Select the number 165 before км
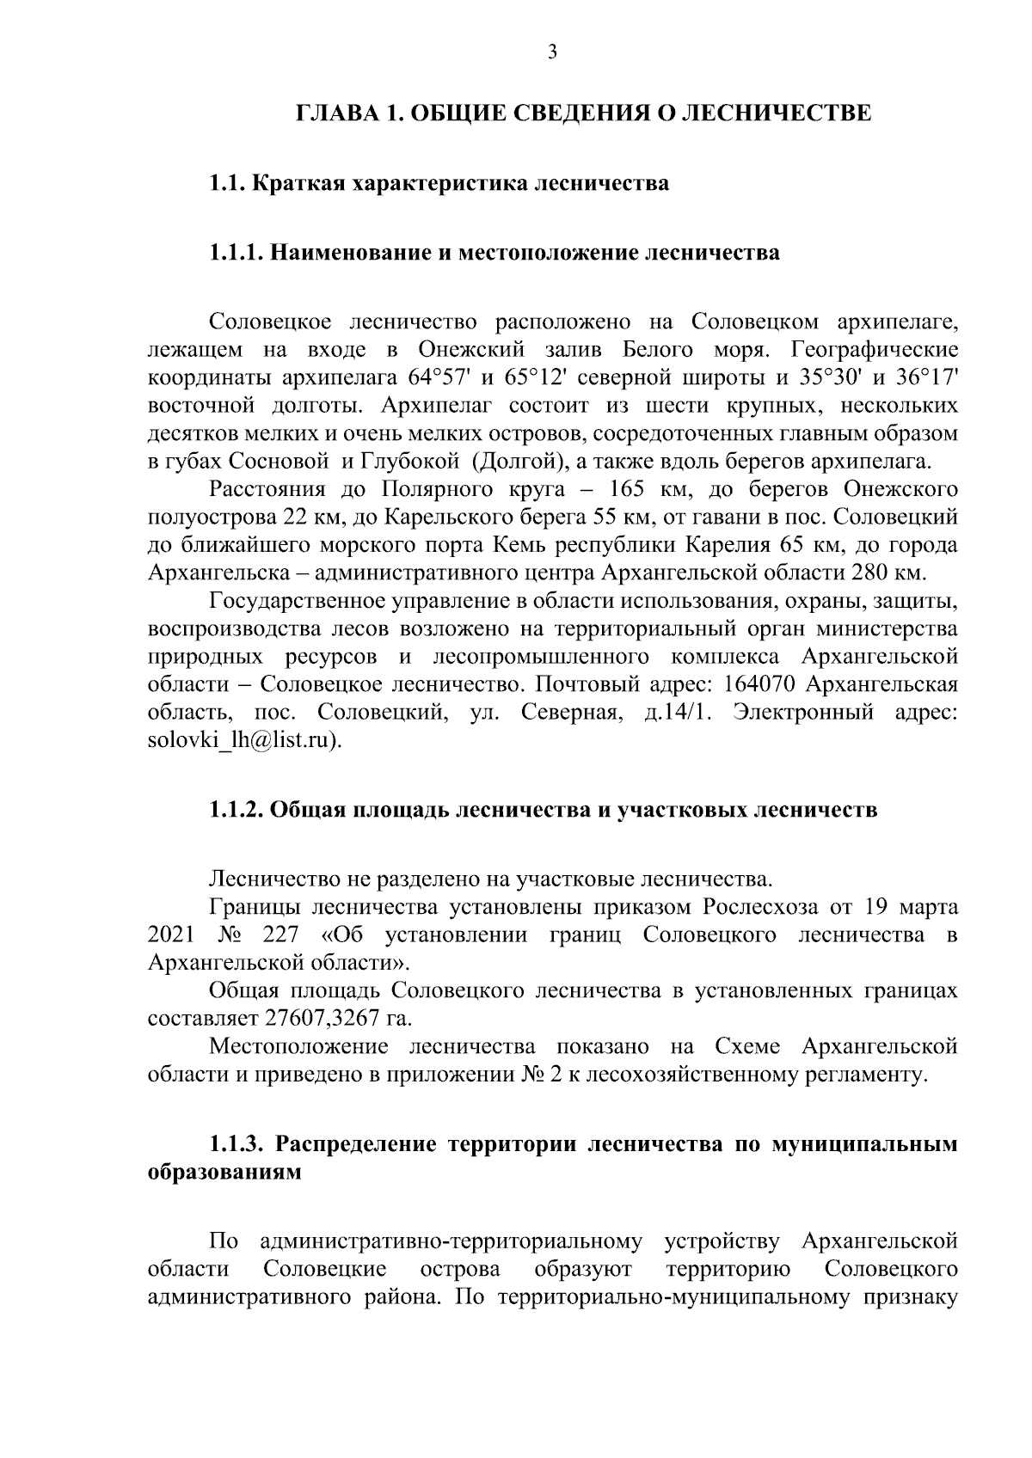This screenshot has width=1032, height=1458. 630,490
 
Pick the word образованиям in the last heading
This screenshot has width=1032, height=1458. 225,1173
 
